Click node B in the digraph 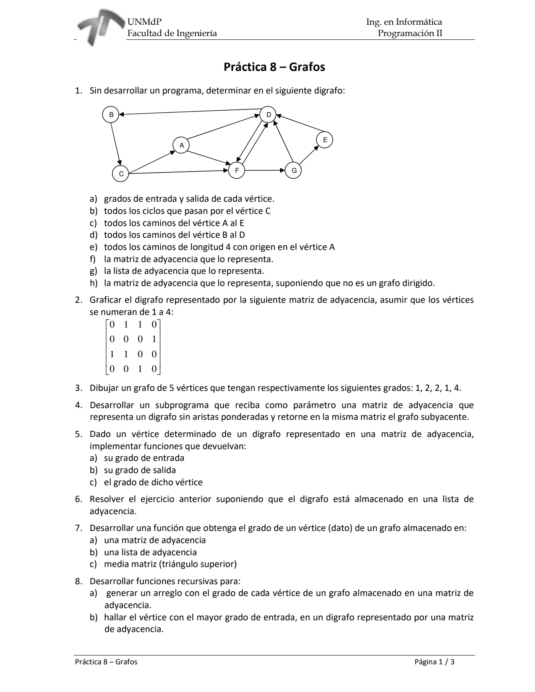(111, 114)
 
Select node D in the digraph (268, 114)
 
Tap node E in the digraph (325, 140)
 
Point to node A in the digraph (181, 145)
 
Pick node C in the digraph (121, 174)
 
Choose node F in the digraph (237, 170)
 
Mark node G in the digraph (293, 170)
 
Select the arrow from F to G (265, 170)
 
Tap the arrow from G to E (309, 155)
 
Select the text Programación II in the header (410, 33)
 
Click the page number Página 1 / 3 (434, 662)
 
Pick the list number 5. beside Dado (78, 434)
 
